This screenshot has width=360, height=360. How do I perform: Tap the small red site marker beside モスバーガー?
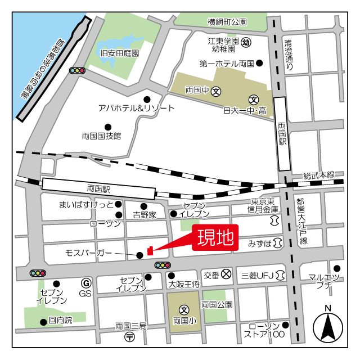[x=150, y=250]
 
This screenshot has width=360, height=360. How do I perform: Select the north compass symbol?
[x=328, y=325]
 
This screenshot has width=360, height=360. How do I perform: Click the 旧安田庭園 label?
[x=119, y=53]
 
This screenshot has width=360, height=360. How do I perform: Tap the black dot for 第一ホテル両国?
[x=259, y=64]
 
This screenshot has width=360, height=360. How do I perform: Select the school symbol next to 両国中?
[x=216, y=90]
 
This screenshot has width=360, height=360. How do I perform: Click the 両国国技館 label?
[x=101, y=136]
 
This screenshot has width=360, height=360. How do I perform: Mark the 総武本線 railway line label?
[x=319, y=175]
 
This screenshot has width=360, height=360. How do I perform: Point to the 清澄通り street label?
[x=289, y=54]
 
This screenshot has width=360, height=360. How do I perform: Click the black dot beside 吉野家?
[x=143, y=206]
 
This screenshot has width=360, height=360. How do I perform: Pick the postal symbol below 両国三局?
[x=130, y=337]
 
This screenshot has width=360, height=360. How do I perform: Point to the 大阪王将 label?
[x=184, y=285]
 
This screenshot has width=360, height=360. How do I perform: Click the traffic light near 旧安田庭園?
[x=77, y=71]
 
